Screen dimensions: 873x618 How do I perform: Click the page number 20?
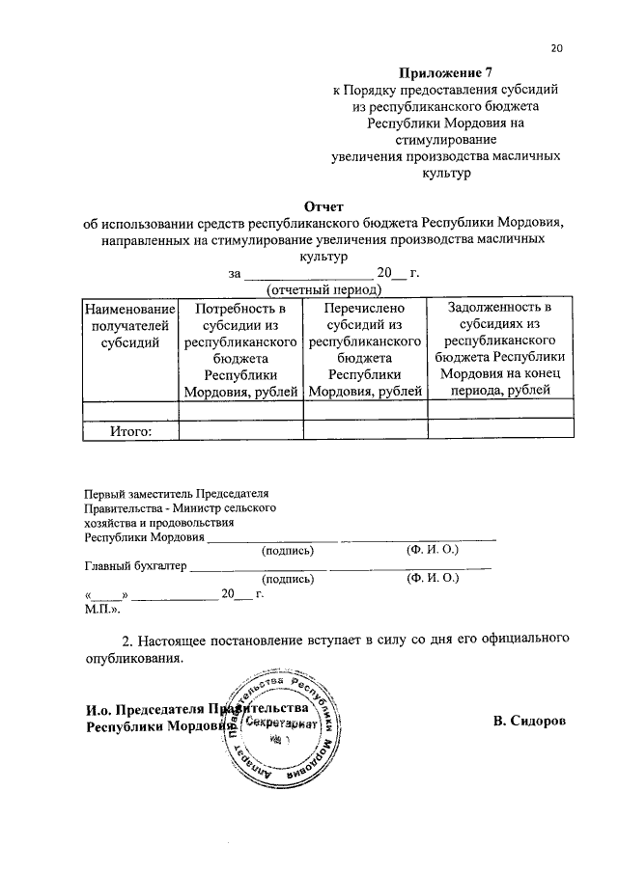(557, 47)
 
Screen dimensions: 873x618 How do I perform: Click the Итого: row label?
(129, 431)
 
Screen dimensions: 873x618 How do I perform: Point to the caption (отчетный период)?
(323, 289)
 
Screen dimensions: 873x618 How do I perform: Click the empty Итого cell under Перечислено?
(365, 431)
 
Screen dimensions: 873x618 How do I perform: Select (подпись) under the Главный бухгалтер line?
(288, 580)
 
